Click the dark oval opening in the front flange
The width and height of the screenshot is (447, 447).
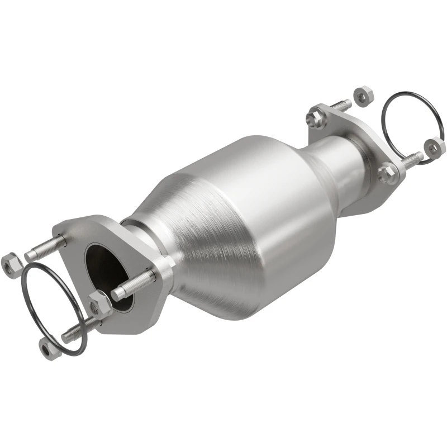tap(104, 268)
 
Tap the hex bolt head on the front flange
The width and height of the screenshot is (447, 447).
tap(99, 305)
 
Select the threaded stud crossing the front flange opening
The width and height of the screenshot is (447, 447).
tap(134, 284)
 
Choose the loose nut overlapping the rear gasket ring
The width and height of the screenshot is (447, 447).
tap(435, 146)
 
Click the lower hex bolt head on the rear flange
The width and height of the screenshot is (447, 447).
tap(387, 173)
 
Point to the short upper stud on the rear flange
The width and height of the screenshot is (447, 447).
tap(339, 106)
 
